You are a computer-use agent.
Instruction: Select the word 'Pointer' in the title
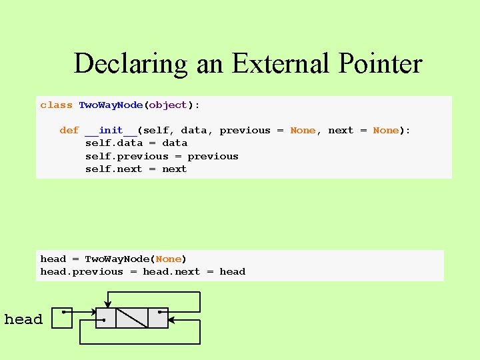(379, 64)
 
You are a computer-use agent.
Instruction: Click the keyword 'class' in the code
(56, 105)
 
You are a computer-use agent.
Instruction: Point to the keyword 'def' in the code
(69, 131)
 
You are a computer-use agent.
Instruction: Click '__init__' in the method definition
(111, 131)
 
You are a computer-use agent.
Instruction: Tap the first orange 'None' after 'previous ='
(303, 131)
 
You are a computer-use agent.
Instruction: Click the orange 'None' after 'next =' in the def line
(385, 131)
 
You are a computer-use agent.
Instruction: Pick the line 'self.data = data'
(136, 143)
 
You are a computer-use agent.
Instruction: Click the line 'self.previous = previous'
(161, 157)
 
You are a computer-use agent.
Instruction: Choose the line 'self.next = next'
(136, 169)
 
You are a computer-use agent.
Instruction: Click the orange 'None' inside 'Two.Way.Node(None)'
(168, 259)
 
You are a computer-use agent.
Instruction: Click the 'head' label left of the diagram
(23, 319)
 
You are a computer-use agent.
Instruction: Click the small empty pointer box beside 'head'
(62, 318)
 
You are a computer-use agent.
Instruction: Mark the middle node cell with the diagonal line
(132, 318)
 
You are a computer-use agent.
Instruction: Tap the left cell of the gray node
(106, 318)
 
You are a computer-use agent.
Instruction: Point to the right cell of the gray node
(158, 318)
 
